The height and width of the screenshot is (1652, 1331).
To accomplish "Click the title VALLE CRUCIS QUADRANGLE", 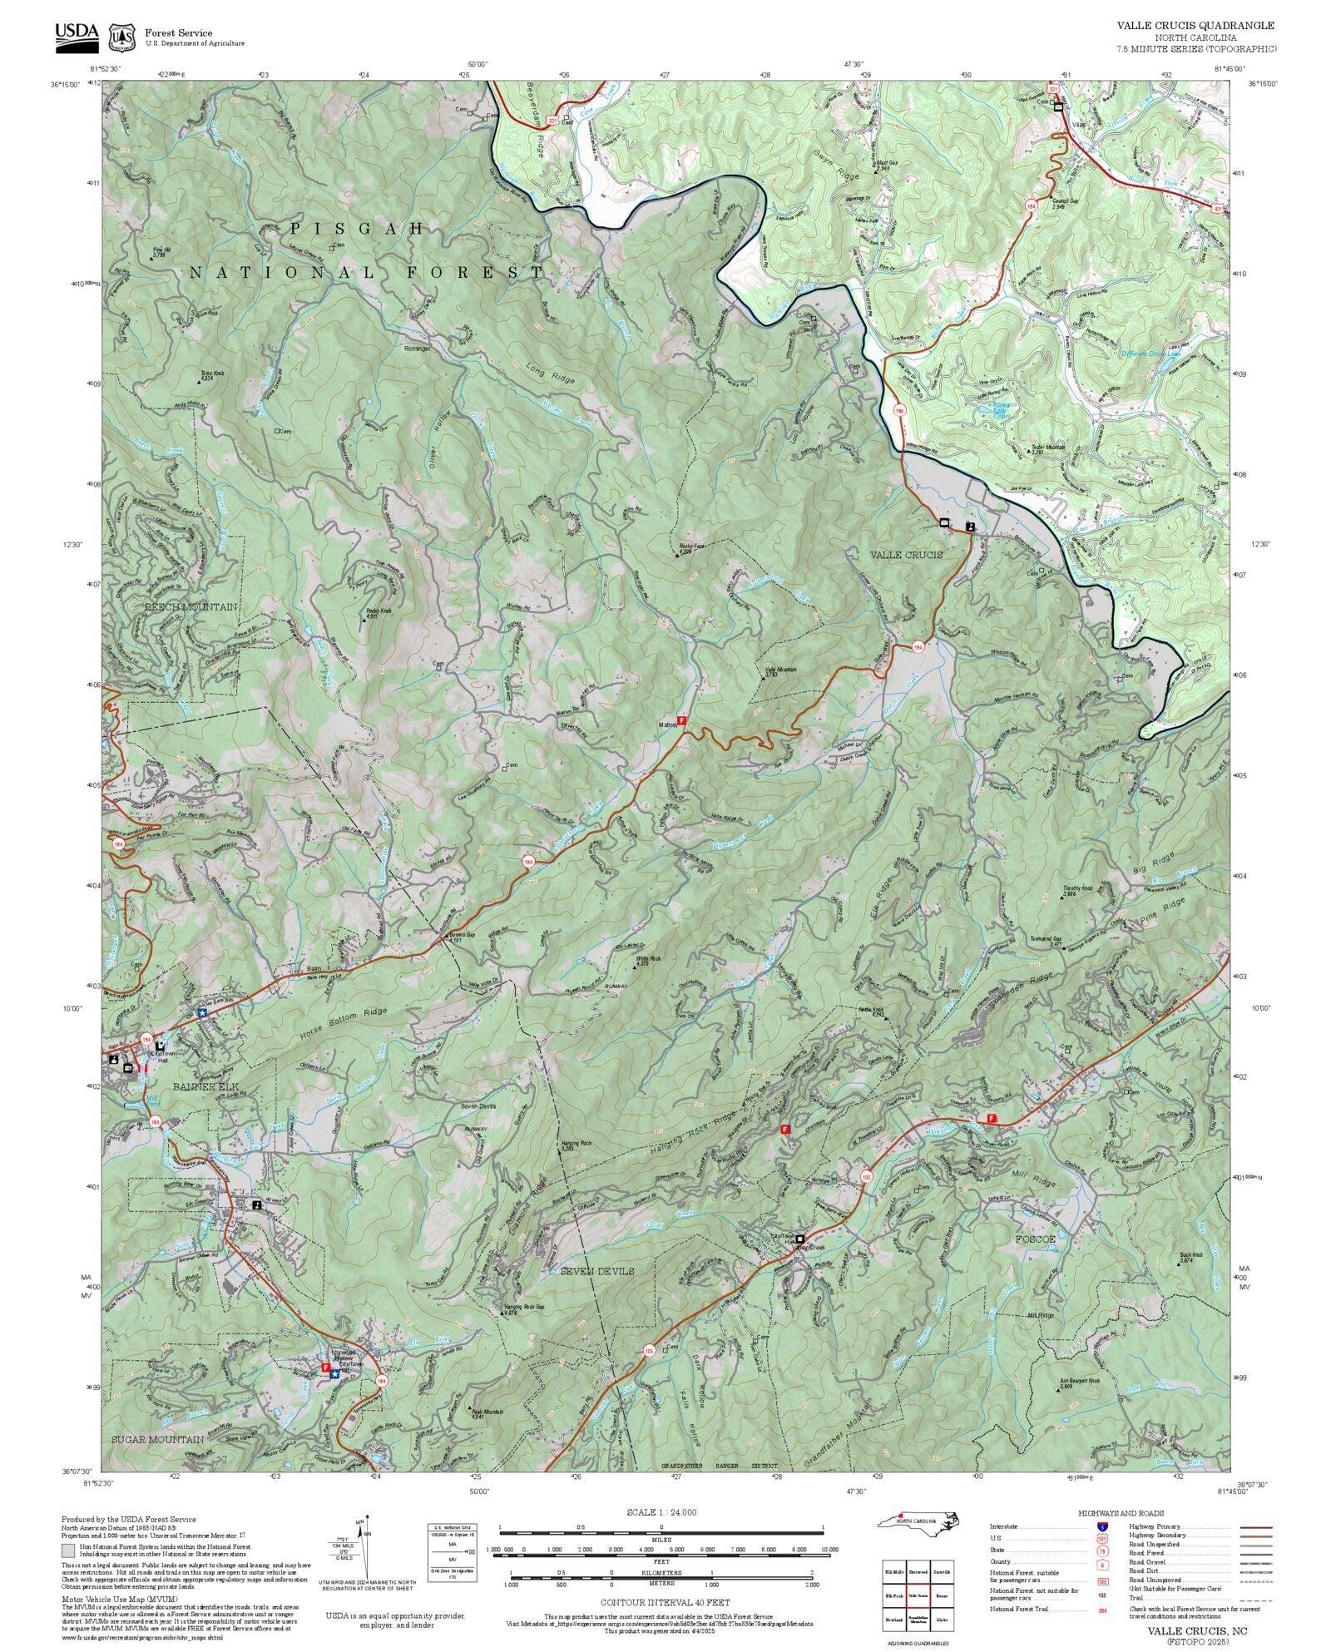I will (1195, 26).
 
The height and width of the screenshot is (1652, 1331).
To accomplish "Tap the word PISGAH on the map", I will (358, 228).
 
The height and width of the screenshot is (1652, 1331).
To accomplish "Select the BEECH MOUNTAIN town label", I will (190, 607).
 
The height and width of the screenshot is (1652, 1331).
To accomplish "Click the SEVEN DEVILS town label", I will (596, 1271).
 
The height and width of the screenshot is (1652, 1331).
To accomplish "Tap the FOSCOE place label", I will (1036, 1239).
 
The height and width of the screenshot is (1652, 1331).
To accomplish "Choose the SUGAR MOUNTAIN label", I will (157, 1439).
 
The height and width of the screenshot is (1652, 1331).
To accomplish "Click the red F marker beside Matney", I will (682, 720).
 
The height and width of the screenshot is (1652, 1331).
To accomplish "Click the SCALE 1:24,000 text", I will (661, 1512).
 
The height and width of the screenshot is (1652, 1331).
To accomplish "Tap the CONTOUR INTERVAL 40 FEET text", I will (665, 1601).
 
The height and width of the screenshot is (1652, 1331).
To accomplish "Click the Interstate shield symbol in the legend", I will (1102, 1527).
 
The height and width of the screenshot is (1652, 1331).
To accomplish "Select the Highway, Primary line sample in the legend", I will (1256, 1528).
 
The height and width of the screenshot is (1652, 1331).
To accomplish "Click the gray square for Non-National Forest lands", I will (67, 1551).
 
